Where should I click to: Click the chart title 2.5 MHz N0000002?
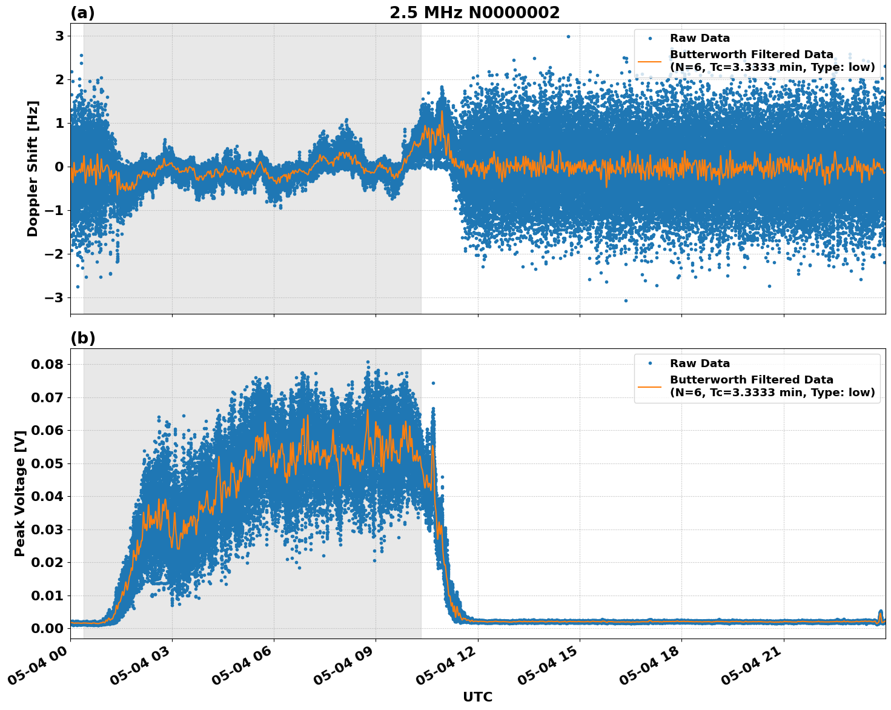pyautogui.click(x=474, y=13)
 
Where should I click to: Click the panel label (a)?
pyautogui.click(x=82, y=13)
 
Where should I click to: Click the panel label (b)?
pyautogui.click(x=82, y=338)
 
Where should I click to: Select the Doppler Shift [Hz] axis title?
pyautogui.click(x=33, y=168)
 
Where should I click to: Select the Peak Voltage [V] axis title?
pyautogui.click(x=20, y=489)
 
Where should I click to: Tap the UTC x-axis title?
pyautogui.click(x=477, y=697)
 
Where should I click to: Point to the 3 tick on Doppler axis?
pyautogui.click(x=59, y=36)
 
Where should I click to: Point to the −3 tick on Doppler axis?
pyautogui.click(x=56, y=297)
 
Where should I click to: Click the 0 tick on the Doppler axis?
pyautogui.click(x=59, y=167)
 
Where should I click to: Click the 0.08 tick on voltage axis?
pyautogui.click(x=47, y=364)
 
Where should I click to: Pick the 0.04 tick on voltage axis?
pyautogui.click(x=47, y=496)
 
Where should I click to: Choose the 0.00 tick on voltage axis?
pyautogui.click(x=47, y=628)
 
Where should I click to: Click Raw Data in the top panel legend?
pyautogui.click(x=700, y=38)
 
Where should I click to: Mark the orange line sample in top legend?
pyautogui.click(x=649, y=61)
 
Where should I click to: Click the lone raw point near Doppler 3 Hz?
pyautogui.click(x=568, y=36)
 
